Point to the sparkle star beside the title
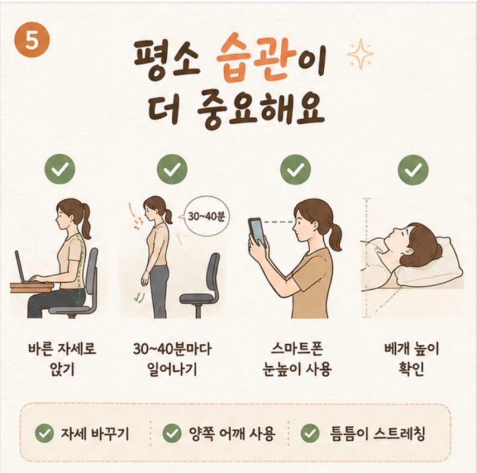[361, 54]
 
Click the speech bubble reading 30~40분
[206, 217]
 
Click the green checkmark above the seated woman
[60, 169]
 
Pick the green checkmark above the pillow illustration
[413, 169]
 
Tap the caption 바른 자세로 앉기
[62, 359]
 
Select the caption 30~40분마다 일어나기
[172, 359]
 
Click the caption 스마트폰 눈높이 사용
[296, 359]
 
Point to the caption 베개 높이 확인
[411, 359]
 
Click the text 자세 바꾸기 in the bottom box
[95, 433]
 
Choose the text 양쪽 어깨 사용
[232, 433]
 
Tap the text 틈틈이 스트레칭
[377, 433]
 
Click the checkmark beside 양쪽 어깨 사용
[172, 433]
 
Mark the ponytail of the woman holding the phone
[334, 237]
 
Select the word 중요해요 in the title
[261, 111]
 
